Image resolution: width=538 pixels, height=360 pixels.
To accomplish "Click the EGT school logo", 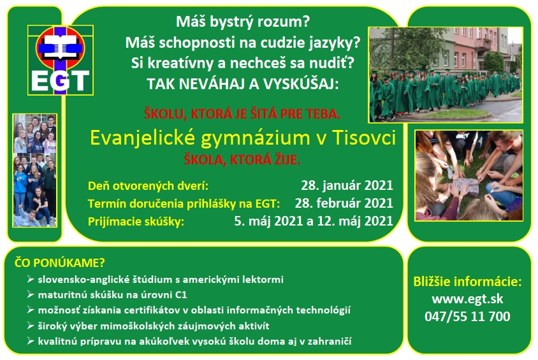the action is point(61,60).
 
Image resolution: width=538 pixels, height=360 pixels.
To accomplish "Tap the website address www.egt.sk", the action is point(467,299).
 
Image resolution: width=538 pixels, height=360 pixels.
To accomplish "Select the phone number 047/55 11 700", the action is point(467,316).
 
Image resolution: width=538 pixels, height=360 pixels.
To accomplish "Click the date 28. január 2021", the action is point(347,185).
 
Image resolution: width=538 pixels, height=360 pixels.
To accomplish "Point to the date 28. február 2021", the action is point(344,203).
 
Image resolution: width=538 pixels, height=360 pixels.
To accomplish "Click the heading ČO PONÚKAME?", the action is point(60,263).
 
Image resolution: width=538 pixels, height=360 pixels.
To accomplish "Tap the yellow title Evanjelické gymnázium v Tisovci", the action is point(243,138).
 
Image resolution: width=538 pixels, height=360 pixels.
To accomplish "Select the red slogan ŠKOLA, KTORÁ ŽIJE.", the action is point(242,160).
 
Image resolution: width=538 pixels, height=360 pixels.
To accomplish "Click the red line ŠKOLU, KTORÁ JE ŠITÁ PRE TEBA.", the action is point(242,114).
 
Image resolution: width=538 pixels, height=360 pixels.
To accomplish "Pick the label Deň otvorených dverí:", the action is point(149,186).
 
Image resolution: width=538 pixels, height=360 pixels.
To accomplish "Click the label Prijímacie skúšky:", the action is point(136,222).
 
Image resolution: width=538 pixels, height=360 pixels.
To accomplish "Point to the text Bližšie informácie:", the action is point(467,282).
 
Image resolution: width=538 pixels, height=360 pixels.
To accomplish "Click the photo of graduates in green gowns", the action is point(446,75).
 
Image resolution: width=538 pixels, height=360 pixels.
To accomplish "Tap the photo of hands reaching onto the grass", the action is point(469,175).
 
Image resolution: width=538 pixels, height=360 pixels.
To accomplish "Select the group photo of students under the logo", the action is point(34,170).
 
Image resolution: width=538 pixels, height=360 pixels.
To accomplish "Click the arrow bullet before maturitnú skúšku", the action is point(31,294).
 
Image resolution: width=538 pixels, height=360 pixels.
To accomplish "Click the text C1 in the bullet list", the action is point(181,295).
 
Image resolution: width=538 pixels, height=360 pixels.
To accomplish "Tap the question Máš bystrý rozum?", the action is point(243,22).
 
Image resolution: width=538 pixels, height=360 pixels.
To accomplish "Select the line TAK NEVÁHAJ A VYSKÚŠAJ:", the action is point(243,84).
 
